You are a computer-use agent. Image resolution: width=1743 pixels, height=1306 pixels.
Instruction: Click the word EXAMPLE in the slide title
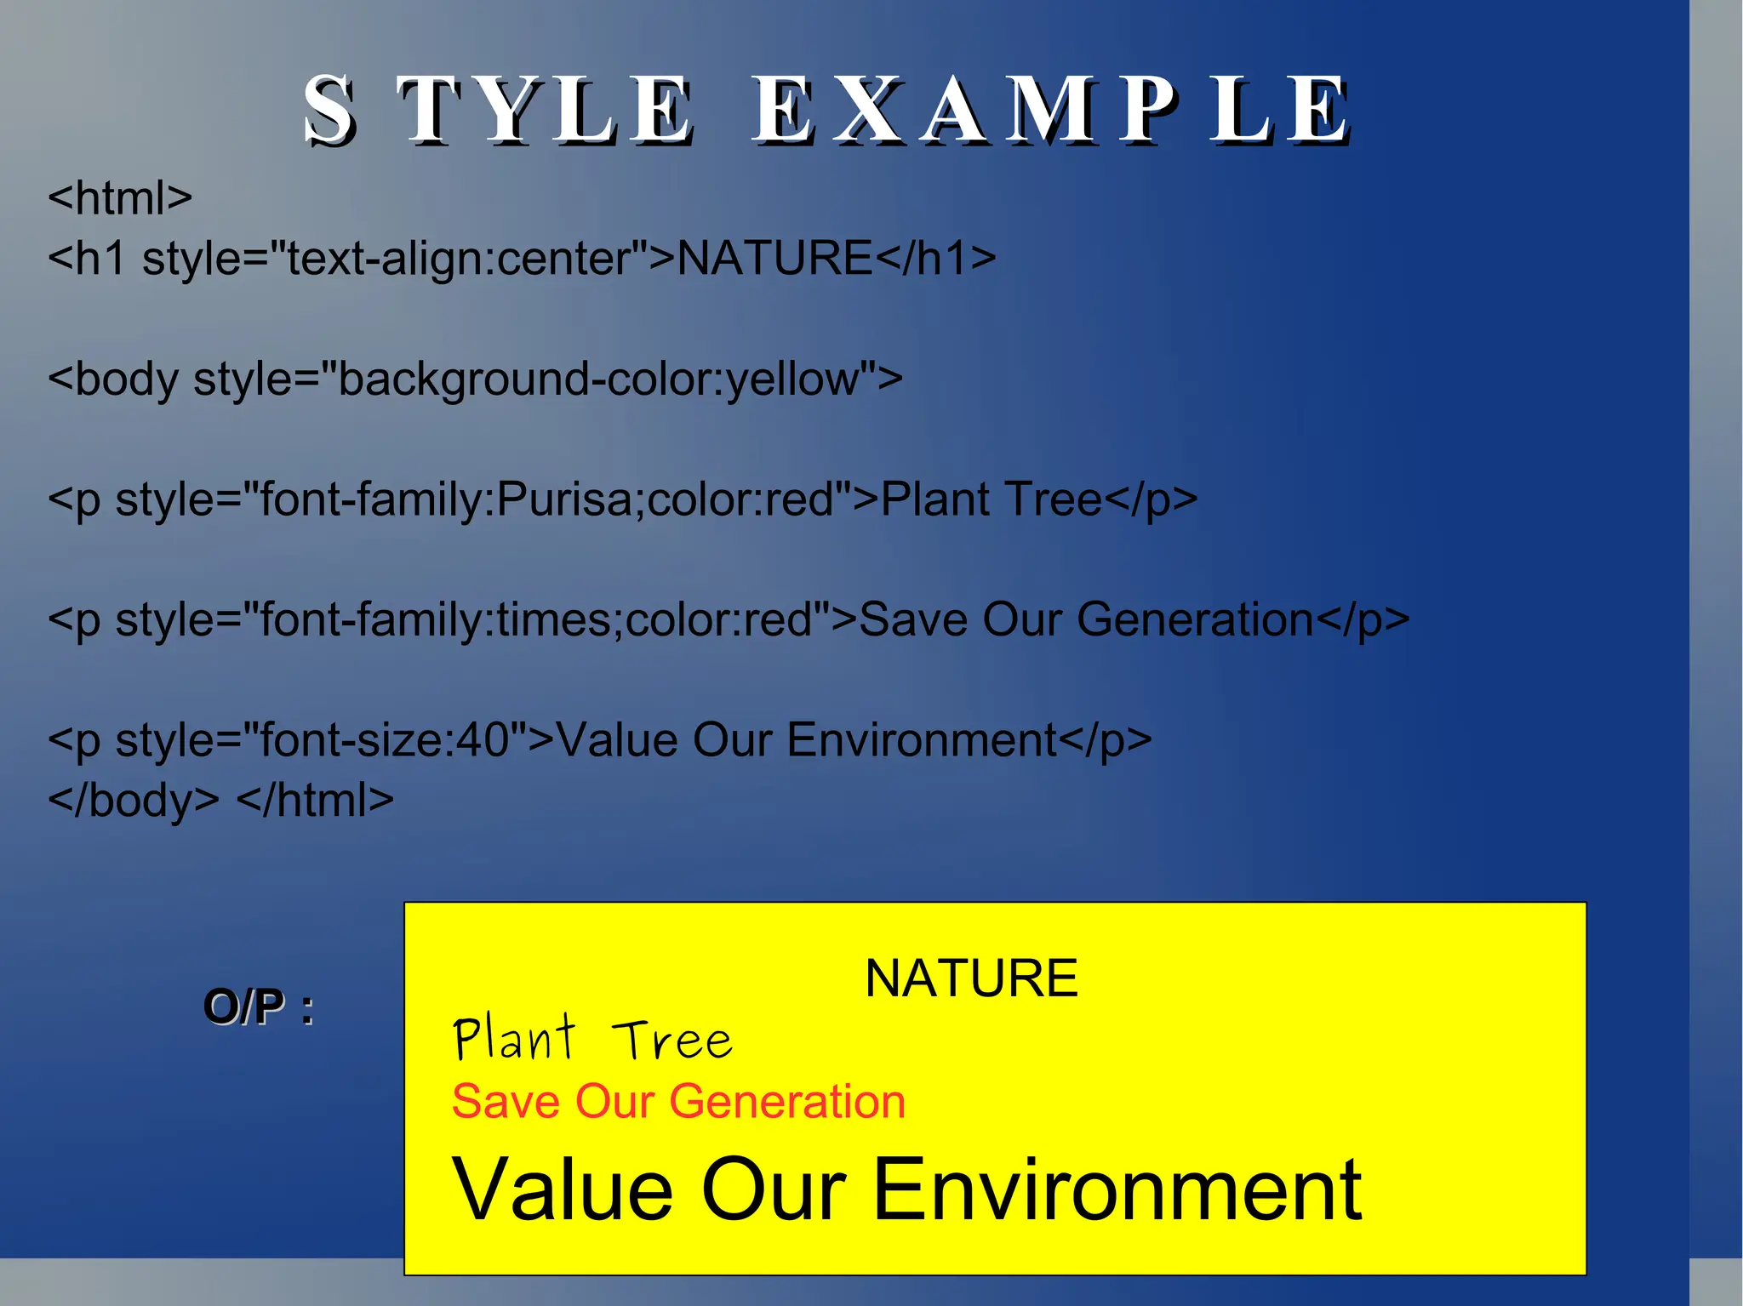click(1051, 110)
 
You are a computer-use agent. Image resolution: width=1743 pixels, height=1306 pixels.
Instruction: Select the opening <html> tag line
click(120, 198)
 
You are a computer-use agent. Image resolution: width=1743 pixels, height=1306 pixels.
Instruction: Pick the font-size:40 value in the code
click(384, 740)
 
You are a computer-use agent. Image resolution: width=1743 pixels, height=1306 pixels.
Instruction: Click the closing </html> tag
click(315, 801)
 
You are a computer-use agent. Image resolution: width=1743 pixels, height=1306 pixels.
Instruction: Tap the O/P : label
click(259, 1007)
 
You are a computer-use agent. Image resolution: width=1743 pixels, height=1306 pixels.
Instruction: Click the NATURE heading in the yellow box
click(971, 978)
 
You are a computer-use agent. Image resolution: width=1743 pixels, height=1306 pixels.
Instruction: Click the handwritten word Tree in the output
click(672, 1041)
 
